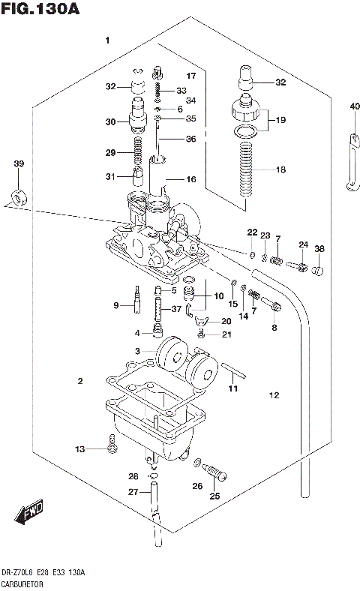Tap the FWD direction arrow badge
tap(29, 514)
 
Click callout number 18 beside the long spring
tap(280, 170)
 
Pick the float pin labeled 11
tap(235, 371)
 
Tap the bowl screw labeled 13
tap(111, 448)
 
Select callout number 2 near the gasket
tap(79, 382)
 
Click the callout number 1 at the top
tap(107, 40)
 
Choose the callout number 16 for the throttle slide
tap(190, 180)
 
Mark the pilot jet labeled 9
tap(138, 299)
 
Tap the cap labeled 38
tap(317, 271)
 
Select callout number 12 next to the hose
tap(273, 395)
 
